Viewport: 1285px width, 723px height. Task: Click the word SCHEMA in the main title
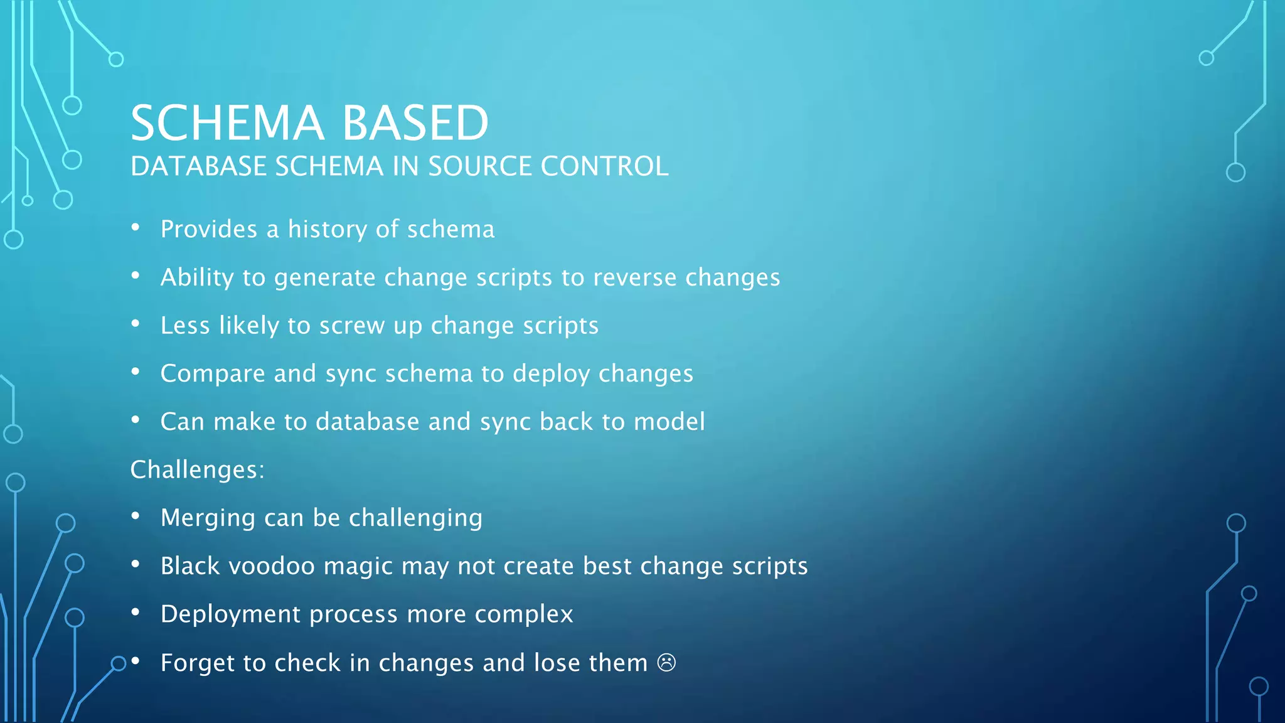pos(227,122)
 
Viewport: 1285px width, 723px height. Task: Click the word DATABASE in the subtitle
pos(198,166)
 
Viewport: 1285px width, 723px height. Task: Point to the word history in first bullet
pos(327,230)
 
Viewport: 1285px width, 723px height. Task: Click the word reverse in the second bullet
pos(634,277)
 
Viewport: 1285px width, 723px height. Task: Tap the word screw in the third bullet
pos(352,326)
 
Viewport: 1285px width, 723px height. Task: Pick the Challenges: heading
pos(197,469)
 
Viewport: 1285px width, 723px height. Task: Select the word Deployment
pos(230,614)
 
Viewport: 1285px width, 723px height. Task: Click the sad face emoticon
pos(666,663)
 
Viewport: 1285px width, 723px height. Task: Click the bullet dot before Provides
pos(136,227)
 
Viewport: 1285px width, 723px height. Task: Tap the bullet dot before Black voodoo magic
pos(136,564)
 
